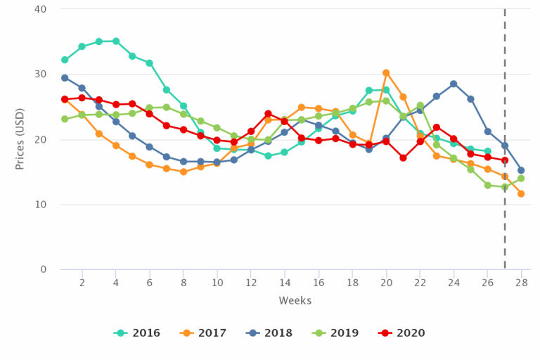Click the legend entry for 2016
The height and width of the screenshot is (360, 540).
(136, 333)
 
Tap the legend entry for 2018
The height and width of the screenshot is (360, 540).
(269, 333)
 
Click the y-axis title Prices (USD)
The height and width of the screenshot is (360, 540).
(20, 139)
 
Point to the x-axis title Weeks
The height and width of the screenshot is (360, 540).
(295, 301)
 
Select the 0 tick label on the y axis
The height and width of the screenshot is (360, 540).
(44, 269)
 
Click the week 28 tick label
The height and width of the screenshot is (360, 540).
(521, 283)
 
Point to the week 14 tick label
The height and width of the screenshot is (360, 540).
(285, 283)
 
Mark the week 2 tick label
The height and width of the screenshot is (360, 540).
(82, 283)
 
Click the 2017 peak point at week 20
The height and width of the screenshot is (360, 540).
(386, 72)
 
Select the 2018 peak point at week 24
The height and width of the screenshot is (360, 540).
(454, 84)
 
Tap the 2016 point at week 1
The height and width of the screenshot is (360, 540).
(65, 60)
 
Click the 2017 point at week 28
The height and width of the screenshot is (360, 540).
(521, 193)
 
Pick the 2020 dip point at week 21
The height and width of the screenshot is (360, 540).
(403, 157)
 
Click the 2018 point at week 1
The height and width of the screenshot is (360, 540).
(65, 78)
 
